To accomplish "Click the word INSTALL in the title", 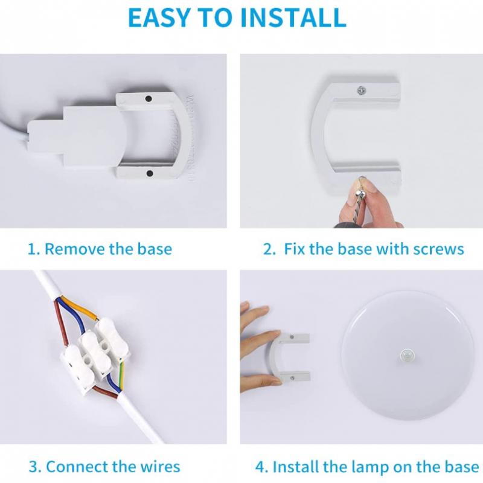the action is click(293, 18).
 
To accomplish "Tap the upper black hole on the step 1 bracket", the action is click(148, 99).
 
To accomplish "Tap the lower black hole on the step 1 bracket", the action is click(150, 173).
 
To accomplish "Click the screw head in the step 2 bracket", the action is click(361, 91).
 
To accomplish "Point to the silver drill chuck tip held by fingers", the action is click(359, 194).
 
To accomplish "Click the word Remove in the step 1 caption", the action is click(75, 249).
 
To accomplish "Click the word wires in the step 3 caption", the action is click(160, 466).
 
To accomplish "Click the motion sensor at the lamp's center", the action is click(407, 356).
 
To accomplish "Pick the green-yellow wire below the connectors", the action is click(122, 376).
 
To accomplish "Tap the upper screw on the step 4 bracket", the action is click(292, 337).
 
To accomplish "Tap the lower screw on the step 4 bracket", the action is click(292, 378).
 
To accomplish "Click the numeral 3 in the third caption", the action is click(34, 467).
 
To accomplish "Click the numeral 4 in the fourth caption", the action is click(261, 467).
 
